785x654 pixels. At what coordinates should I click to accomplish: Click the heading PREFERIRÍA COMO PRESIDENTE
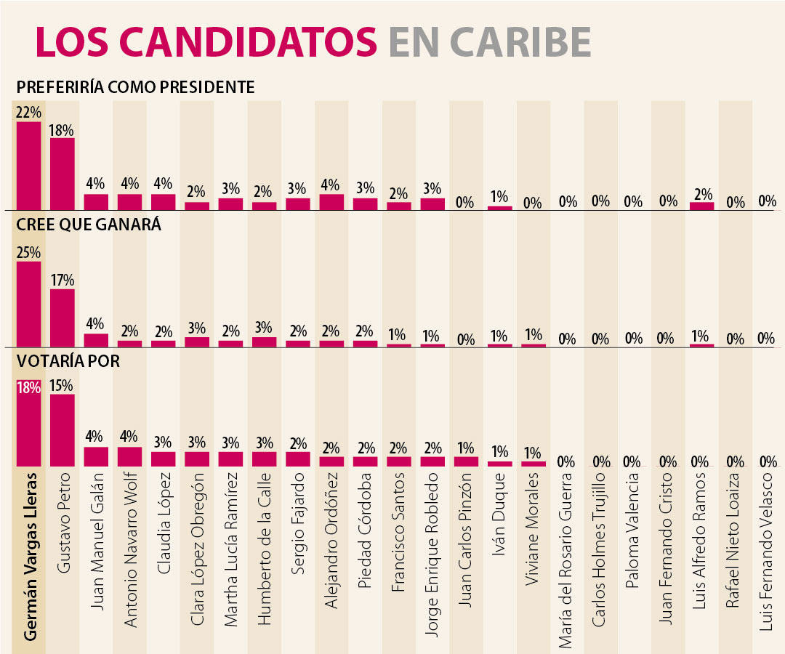coord(136,87)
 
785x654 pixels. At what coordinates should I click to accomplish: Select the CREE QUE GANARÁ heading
coord(89,225)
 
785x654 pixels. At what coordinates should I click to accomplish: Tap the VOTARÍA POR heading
coord(69,360)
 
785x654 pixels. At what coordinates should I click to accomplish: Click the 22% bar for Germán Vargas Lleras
coord(29,166)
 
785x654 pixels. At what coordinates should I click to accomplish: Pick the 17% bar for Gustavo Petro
coord(63,318)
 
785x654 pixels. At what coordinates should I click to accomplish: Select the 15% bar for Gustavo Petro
coord(63,429)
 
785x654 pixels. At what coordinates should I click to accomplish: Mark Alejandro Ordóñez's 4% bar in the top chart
coord(332,202)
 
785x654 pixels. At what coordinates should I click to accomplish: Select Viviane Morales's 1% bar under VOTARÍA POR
coord(534,464)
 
